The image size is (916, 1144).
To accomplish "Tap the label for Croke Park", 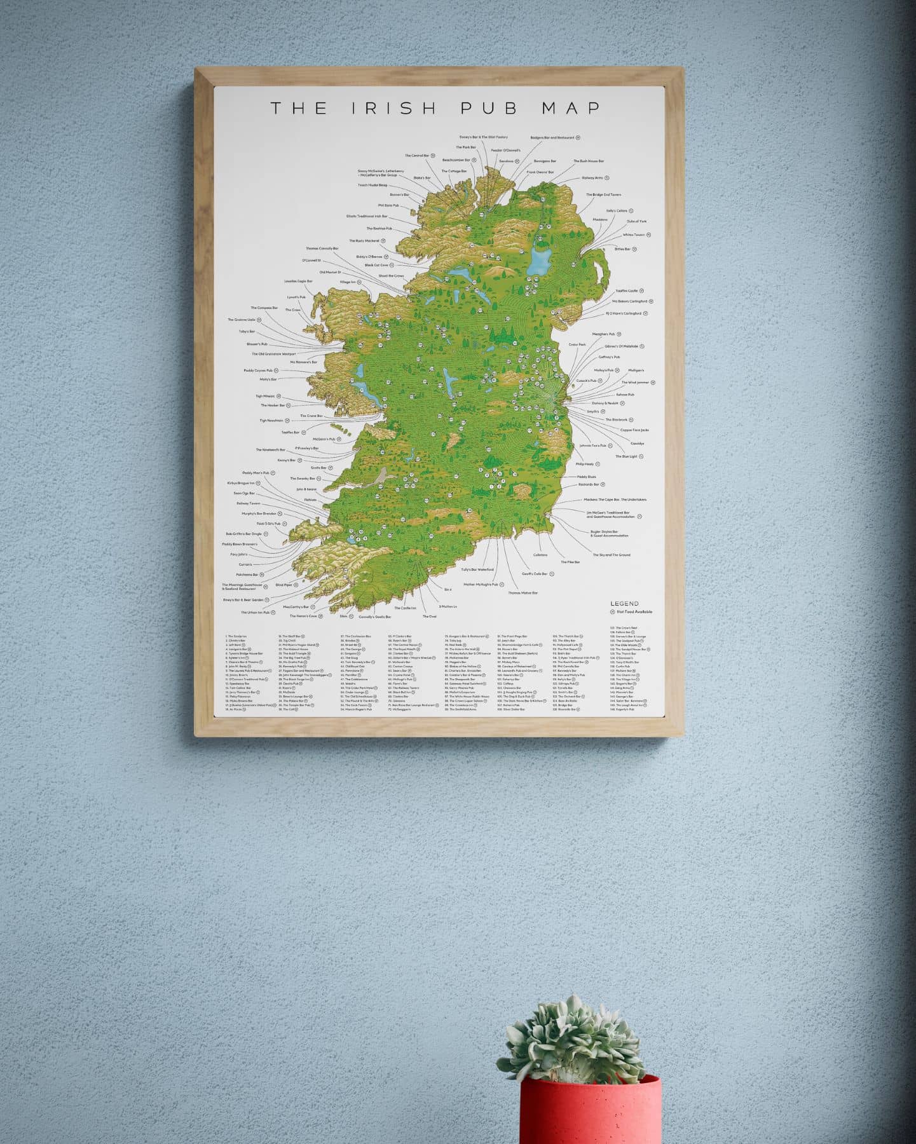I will [x=577, y=344].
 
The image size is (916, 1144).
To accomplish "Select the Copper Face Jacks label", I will [x=634, y=430].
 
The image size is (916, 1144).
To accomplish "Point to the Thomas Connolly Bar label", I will [x=322, y=249].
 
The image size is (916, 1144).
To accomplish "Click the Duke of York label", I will [x=636, y=221].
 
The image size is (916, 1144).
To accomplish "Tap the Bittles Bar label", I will [x=622, y=249].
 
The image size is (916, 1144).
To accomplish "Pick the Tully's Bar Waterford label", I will [x=477, y=569].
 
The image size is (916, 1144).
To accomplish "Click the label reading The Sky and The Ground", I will [x=611, y=555].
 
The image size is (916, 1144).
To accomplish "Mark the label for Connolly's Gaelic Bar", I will [x=374, y=616].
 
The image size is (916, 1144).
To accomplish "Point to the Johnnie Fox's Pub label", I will [x=592, y=446].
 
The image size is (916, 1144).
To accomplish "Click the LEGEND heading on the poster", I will [x=624, y=604].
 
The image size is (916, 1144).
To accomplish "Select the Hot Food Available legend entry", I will [x=634, y=612].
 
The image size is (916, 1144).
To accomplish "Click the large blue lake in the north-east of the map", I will [x=540, y=261].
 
